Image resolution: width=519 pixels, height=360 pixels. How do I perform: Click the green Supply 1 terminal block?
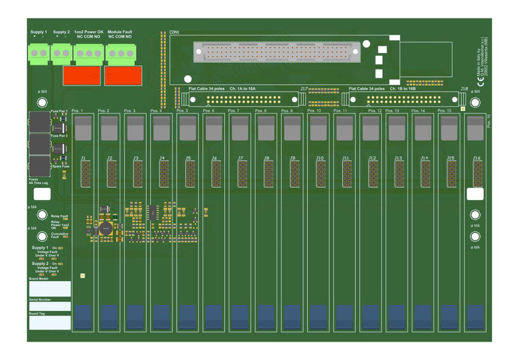(x=38, y=54)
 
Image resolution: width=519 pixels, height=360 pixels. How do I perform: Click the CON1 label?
(x=174, y=32)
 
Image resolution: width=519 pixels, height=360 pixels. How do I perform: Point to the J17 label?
(x=303, y=88)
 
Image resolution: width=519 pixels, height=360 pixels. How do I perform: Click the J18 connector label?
(x=464, y=88)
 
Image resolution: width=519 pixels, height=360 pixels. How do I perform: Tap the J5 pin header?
(x=189, y=174)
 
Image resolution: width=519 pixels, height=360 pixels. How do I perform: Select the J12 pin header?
(x=372, y=174)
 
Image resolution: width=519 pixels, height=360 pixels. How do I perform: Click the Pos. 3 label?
(x=129, y=111)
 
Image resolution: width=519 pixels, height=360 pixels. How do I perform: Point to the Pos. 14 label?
(x=418, y=111)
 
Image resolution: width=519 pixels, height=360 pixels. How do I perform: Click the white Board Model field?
(x=50, y=289)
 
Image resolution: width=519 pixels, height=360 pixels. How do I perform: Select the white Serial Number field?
(x=50, y=306)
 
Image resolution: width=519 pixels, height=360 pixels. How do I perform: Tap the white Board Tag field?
(x=50, y=323)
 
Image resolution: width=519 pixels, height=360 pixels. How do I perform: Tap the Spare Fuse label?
(x=60, y=166)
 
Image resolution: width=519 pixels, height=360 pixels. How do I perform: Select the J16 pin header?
(x=477, y=174)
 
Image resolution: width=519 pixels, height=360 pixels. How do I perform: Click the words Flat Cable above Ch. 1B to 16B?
(x=360, y=88)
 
